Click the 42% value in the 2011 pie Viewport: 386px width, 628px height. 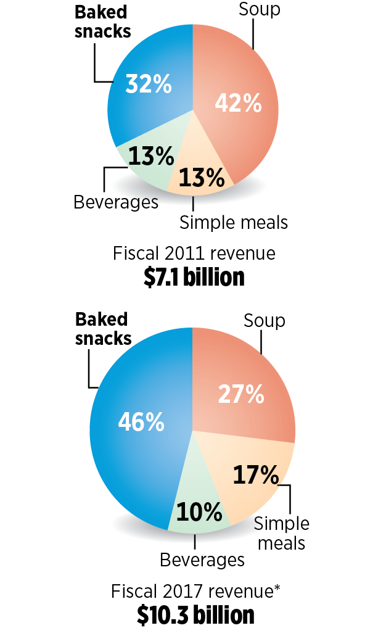pyautogui.click(x=238, y=104)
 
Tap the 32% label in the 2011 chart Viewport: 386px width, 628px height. pyautogui.click(x=148, y=84)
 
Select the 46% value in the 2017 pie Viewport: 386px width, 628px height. pyautogui.click(x=141, y=423)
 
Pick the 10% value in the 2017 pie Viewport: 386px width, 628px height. pyautogui.click(x=199, y=511)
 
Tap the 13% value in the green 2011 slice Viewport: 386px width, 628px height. pyautogui.click(x=150, y=157)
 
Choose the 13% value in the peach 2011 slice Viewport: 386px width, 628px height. pyautogui.click(x=201, y=178)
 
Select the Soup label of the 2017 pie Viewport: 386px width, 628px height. pyautogui.click(x=264, y=320)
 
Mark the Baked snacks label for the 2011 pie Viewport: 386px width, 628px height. pyautogui.click(x=103, y=22)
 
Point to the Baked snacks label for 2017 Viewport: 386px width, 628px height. pyautogui.click(x=103, y=328)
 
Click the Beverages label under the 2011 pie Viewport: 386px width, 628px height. pyautogui.click(x=116, y=202)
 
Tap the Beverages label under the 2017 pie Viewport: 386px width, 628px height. pyautogui.click(x=202, y=560)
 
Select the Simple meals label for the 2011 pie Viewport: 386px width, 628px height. pyautogui.click(x=234, y=221)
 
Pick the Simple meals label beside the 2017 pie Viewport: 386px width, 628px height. pyautogui.click(x=281, y=533)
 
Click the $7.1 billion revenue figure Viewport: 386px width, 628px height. pyautogui.click(x=194, y=278)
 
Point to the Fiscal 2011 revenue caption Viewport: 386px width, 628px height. pyautogui.click(x=194, y=254)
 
